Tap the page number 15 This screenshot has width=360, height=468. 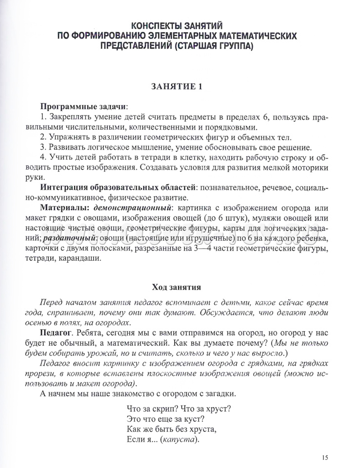[x=325, y=457]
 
